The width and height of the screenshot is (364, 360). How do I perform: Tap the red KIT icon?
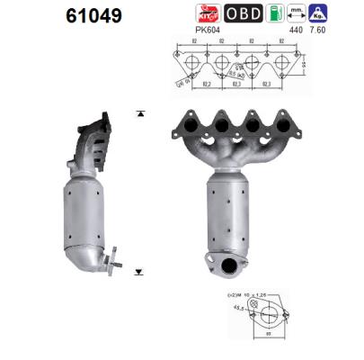[209, 13]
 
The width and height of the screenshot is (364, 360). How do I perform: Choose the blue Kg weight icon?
[318, 13]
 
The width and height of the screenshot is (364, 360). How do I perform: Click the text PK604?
[207, 29]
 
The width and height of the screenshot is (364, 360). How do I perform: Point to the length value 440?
[295, 29]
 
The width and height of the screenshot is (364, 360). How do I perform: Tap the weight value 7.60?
[318, 29]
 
